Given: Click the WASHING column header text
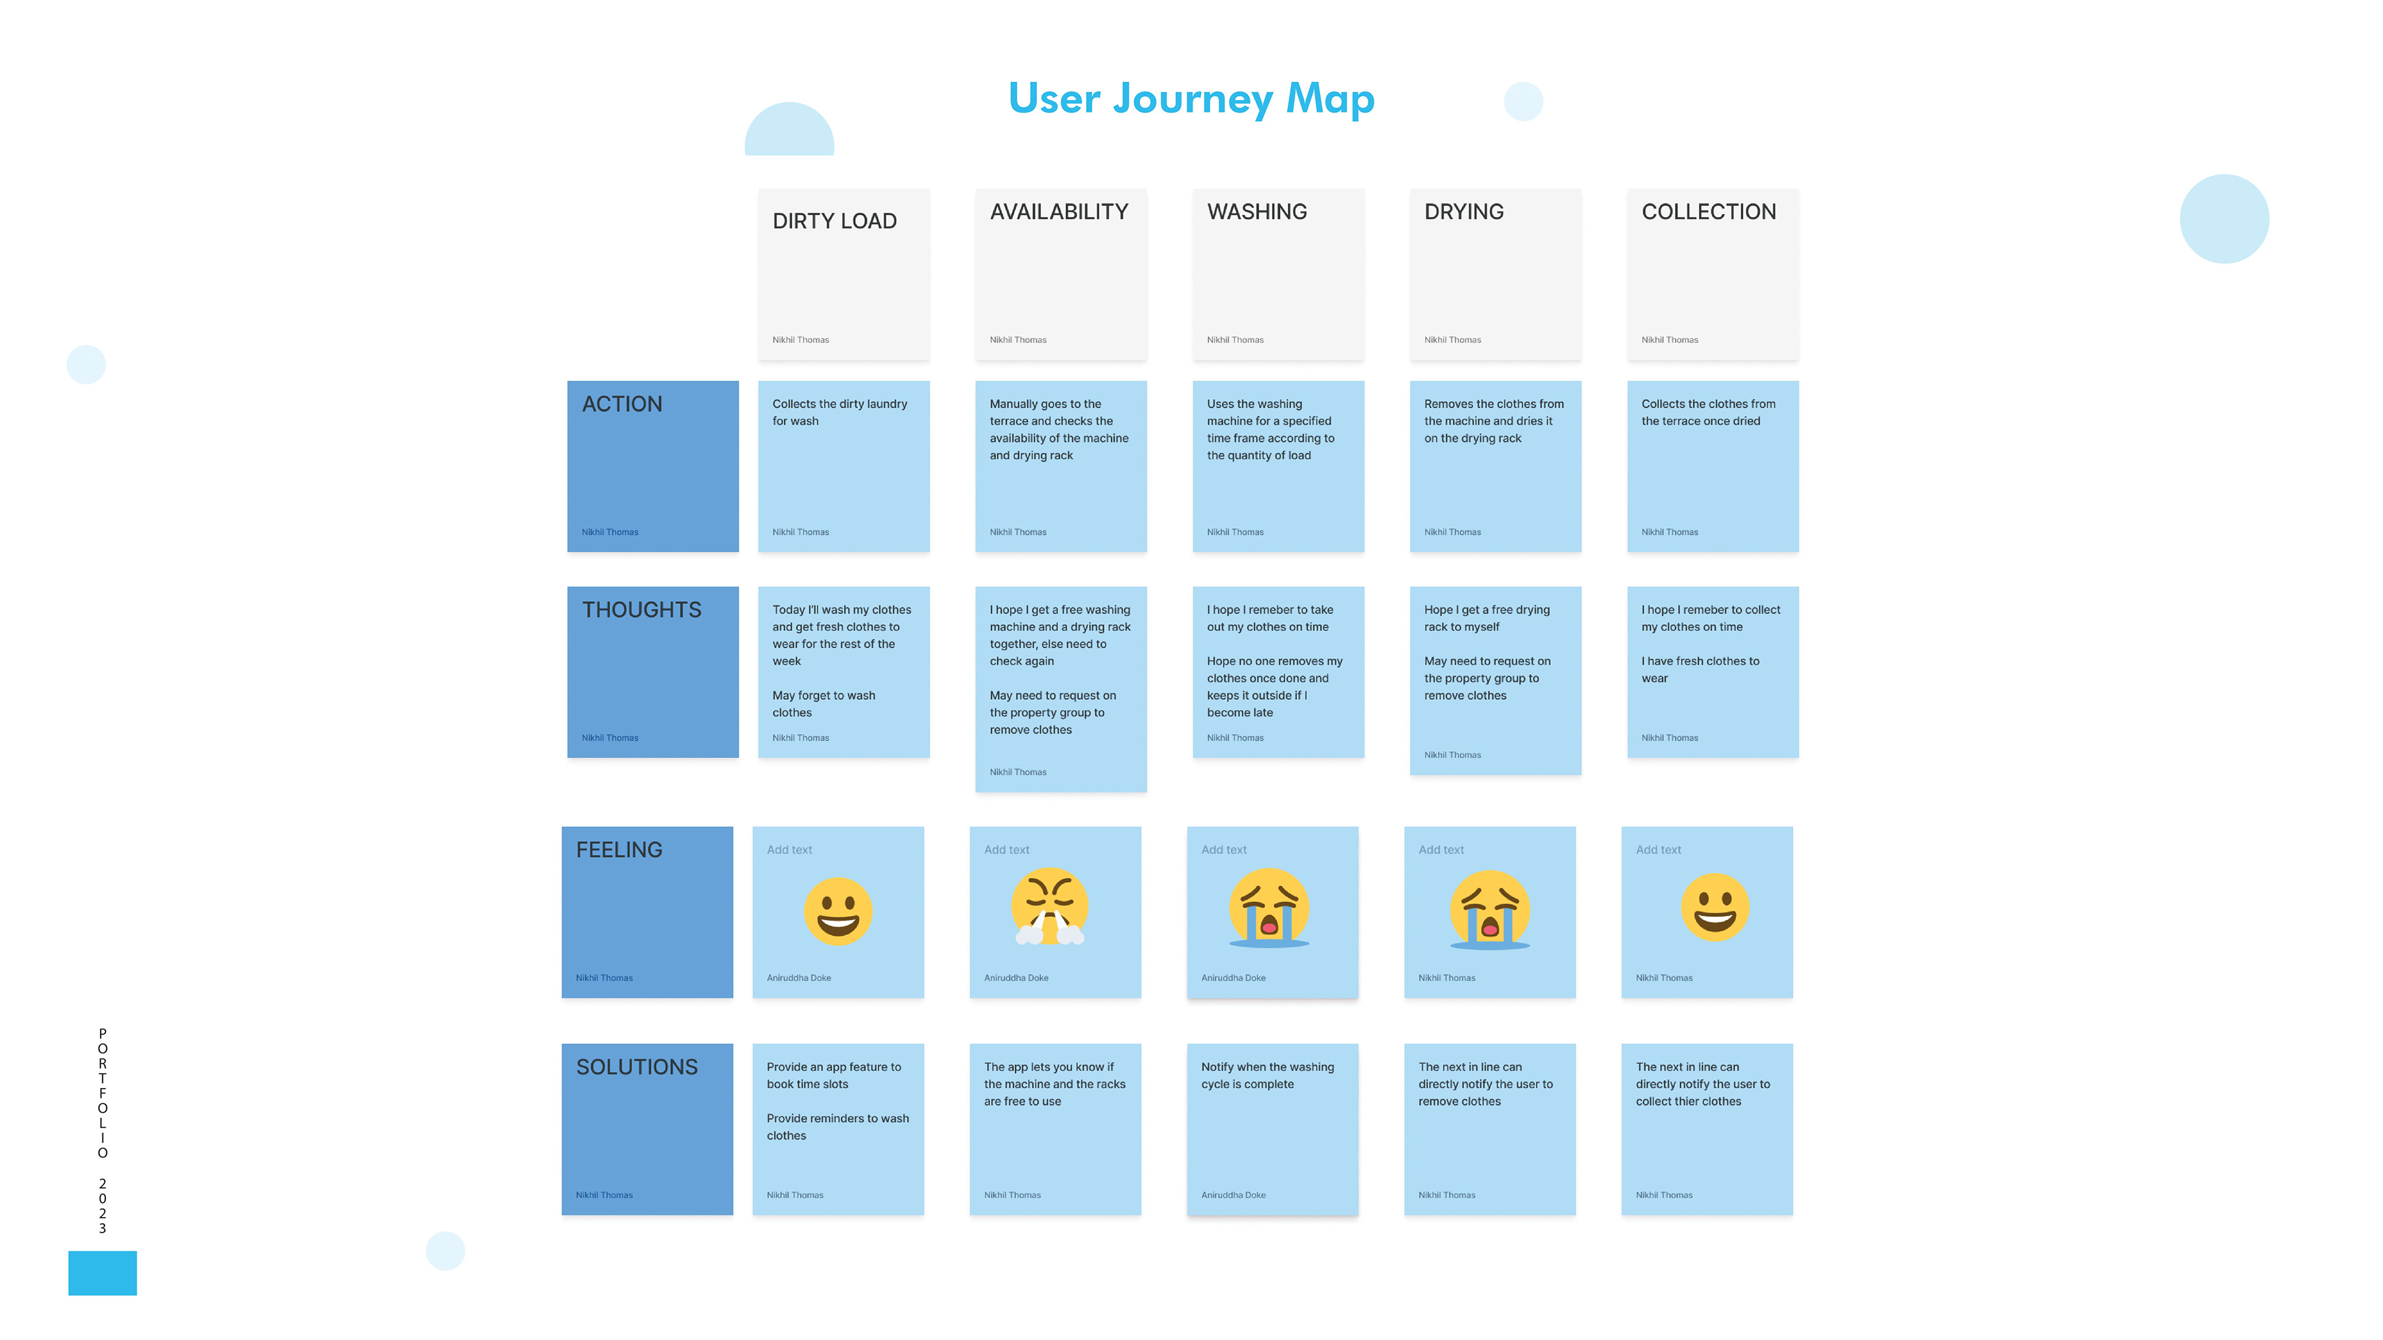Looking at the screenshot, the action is click(x=1256, y=212).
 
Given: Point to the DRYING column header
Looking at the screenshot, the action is click(x=1463, y=212).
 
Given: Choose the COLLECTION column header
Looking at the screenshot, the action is click(x=1708, y=212).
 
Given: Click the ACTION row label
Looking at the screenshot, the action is click(x=622, y=404).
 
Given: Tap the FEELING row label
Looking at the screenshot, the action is click(x=619, y=850).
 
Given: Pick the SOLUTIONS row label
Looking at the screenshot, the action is click(x=637, y=1067).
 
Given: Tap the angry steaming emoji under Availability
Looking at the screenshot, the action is click(x=1049, y=906).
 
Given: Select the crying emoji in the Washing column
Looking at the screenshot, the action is click(x=1268, y=908).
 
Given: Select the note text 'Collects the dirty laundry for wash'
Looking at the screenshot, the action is click(x=839, y=413).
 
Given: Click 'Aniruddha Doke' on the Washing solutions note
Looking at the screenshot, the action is click(x=1233, y=1195).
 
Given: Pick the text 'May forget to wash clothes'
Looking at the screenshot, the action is click(x=824, y=703).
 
